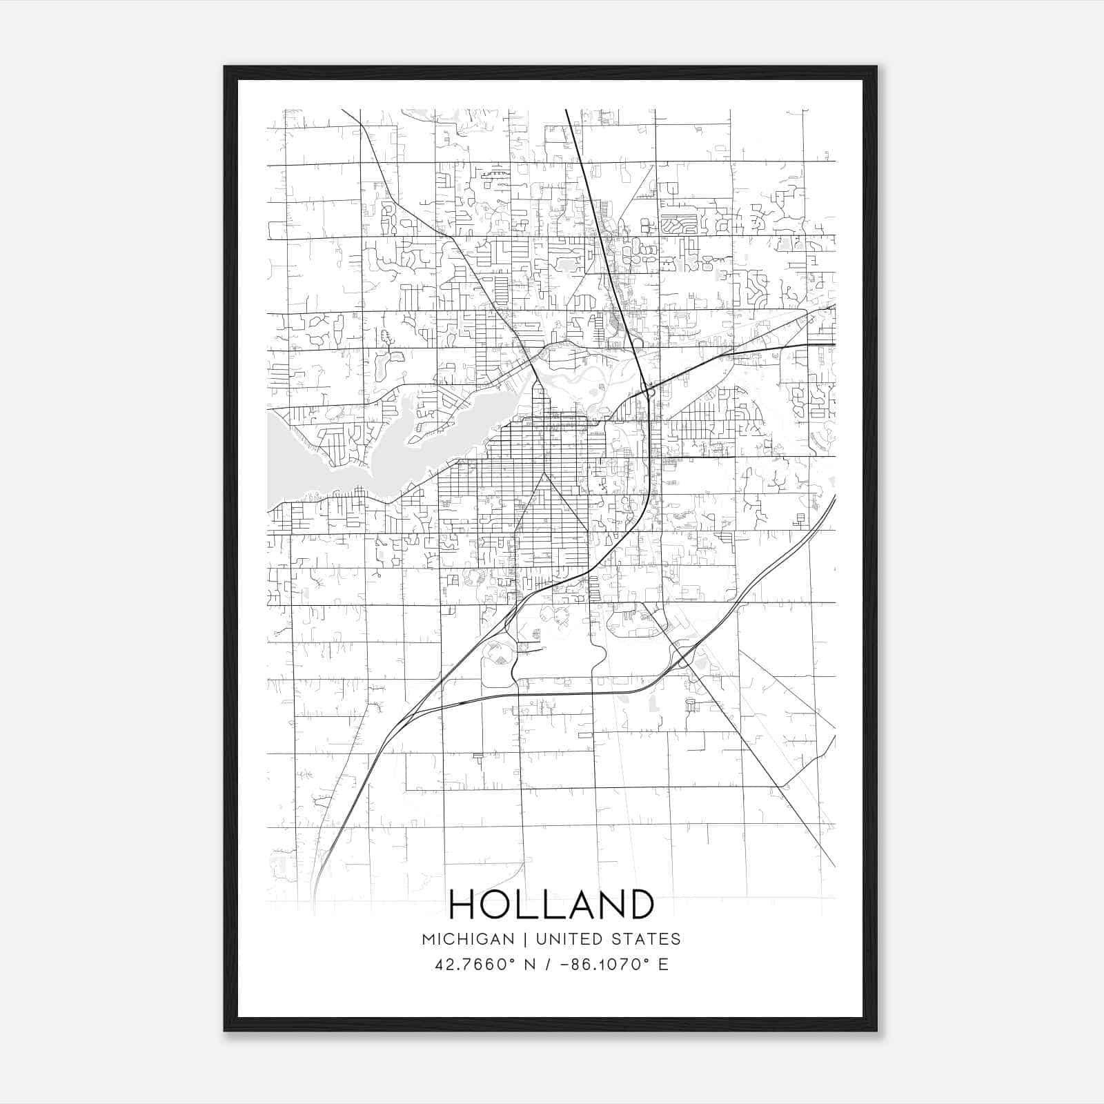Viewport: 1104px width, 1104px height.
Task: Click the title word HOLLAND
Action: pyautogui.click(x=551, y=905)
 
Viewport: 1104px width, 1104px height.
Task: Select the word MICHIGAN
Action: pyautogui.click(x=468, y=939)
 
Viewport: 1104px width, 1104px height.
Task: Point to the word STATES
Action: pyautogui.click(x=644, y=939)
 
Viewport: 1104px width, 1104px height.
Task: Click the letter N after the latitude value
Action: pyautogui.click(x=530, y=964)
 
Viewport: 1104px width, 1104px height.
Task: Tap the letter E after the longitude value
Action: pyautogui.click(x=663, y=964)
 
